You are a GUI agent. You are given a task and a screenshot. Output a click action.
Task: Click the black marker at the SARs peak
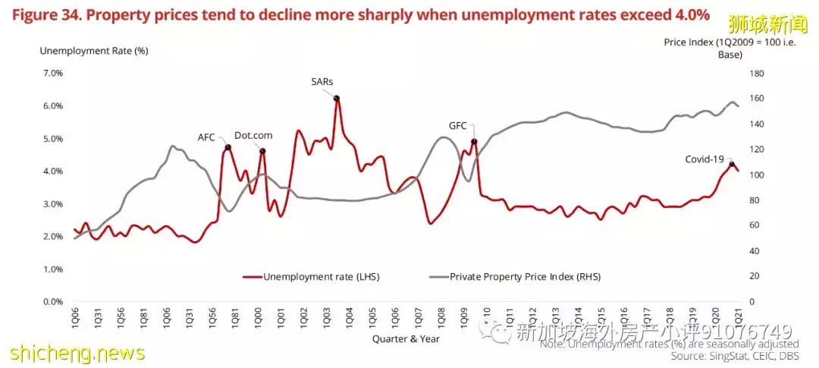click(x=337, y=98)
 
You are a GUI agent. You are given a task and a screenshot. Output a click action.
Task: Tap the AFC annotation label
click(x=206, y=137)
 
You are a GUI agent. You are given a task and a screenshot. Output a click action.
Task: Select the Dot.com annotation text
click(x=253, y=135)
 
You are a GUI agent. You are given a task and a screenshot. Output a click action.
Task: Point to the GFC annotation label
click(x=458, y=126)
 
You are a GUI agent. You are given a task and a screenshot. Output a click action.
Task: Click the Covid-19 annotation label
click(x=704, y=159)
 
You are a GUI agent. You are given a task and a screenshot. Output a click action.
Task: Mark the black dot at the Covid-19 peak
click(x=732, y=164)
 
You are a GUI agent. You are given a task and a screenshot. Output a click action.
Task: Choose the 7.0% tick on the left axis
click(x=53, y=73)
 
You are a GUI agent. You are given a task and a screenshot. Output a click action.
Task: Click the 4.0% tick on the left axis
click(x=53, y=171)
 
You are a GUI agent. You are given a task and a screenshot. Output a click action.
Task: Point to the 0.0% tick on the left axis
click(x=53, y=301)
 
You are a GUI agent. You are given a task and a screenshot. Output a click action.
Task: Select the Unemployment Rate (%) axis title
click(x=83, y=50)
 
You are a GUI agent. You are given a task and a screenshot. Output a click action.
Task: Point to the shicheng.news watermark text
click(x=76, y=354)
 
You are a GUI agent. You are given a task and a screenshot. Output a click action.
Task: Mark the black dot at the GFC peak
click(x=474, y=141)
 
